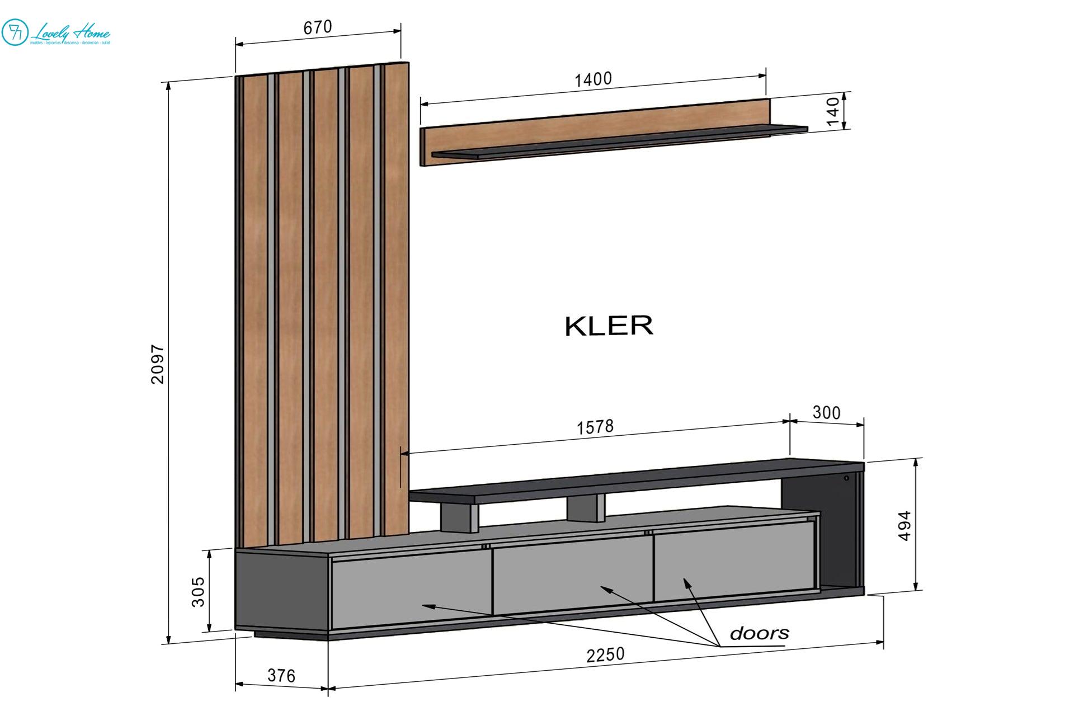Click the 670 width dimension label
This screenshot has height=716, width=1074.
click(x=317, y=27)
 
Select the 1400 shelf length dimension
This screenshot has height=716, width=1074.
click(x=593, y=79)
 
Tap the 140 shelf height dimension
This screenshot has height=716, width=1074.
click(x=833, y=111)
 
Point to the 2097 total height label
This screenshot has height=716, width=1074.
click(x=158, y=364)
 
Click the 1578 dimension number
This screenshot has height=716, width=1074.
click(x=595, y=427)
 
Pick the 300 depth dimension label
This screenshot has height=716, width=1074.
click(x=826, y=413)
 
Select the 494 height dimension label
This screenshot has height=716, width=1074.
click(x=905, y=526)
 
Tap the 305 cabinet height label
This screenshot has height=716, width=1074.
click(x=199, y=591)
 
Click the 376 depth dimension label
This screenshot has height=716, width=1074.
click(x=281, y=676)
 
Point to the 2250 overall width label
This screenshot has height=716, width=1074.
click(x=605, y=654)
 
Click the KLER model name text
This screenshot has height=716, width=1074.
click(x=609, y=326)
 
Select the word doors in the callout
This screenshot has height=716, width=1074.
click(x=759, y=633)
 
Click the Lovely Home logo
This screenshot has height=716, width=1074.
click(x=56, y=32)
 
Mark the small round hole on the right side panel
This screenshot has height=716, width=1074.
click(x=846, y=478)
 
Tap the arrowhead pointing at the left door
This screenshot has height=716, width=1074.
click(x=425, y=605)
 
